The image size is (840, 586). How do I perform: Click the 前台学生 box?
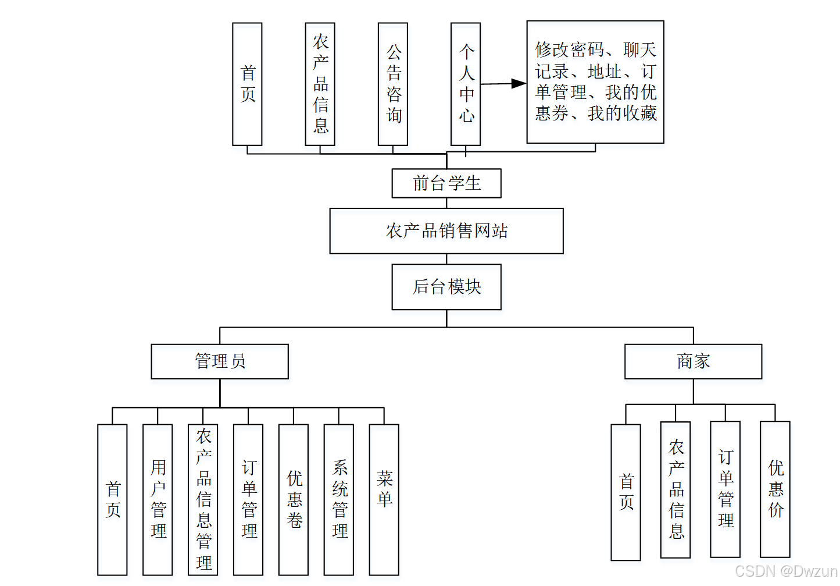point(446,183)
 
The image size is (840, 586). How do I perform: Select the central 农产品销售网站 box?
point(446,231)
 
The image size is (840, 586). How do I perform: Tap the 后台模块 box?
point(446,287)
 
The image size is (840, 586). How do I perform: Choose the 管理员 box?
point(220,361)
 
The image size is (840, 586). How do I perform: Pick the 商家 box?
point(693,361)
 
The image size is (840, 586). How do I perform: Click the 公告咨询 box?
point(393,84)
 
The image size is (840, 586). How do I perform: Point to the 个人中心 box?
point(466,84)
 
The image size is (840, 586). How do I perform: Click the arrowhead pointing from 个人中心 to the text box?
point(518,84)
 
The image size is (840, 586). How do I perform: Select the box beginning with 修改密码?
point(595,82)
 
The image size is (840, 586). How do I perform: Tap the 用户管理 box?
point(158,499)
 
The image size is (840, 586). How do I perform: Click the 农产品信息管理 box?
point(203,499)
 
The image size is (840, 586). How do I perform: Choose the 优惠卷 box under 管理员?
point(294,499)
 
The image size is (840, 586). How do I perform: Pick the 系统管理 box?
point(339,499)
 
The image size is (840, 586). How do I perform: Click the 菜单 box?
point(384,499)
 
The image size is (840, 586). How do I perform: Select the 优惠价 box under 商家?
point(775,489)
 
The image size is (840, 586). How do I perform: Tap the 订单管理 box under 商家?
point(725,489)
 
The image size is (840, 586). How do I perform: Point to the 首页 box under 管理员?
point(112,499)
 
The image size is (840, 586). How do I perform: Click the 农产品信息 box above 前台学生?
point(320,84)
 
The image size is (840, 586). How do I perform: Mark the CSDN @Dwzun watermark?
point(785,571)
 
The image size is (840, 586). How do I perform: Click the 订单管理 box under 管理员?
point(248,499)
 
